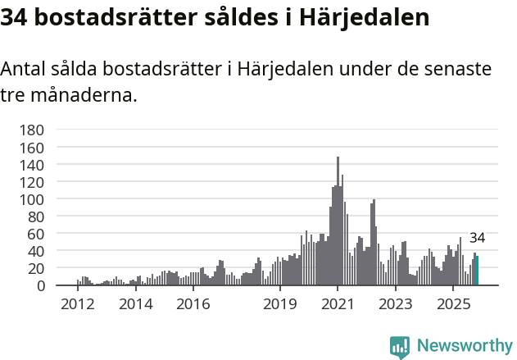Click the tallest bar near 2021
pyautogui.click(x=338, y=221)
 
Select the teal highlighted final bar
pyautogui.click(x=477, y=271)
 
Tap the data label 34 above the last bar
pyautogui.click(x=477, y=239)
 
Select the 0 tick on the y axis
pyautogui.click(x=39, y=285)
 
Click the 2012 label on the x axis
pyautogui.click(x=77, y=304)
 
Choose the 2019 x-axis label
pyautogui.click(x=279, y=304)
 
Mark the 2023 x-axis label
pyautogui.click(x=395, y=304)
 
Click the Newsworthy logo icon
pyautogui.click(x=400, y=347)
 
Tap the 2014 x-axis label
pyautogui.click(x=135, y=304)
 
